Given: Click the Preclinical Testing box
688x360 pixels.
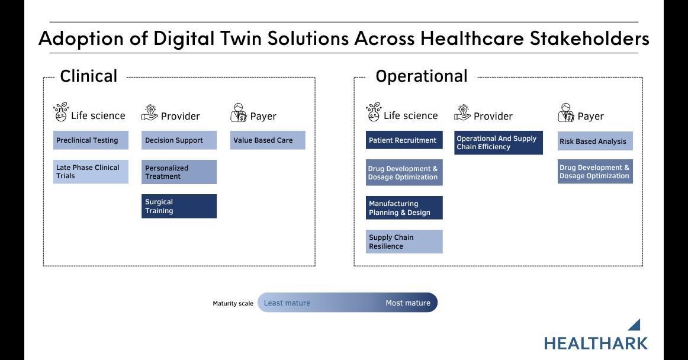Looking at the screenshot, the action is tap(91, 140).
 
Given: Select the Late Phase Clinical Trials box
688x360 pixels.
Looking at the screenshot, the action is tap(91, 172).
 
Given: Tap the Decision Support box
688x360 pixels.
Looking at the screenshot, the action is tap(179, 140).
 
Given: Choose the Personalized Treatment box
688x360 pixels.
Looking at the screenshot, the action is tap(179, 172).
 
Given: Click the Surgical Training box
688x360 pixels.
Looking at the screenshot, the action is tap(179, 206).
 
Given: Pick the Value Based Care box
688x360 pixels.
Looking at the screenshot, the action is tap(268, 140).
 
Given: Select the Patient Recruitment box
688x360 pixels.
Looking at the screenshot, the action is tap(404, 140).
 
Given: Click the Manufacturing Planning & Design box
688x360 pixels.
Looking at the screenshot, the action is tap(404, 208).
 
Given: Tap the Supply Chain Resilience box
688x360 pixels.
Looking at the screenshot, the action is tap(404, 242).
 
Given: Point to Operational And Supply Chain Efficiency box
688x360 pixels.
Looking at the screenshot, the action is tap(499, 143).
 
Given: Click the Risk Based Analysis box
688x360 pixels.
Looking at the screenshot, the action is tap(595, 141).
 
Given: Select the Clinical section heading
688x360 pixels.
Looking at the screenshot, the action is tap(89, 76).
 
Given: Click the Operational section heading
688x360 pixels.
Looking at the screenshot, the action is tap(421, 76).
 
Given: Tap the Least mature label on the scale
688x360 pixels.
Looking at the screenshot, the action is tap(287, 303).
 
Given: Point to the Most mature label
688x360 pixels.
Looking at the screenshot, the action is tap(408, 303).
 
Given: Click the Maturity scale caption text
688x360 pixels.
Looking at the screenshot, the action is tap(233, 303).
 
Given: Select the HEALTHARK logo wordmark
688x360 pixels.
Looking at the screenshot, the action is tap(596, 343).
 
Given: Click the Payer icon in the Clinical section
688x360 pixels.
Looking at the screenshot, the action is tap(239, 113).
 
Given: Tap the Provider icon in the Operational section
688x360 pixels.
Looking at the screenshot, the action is tap(462, 113).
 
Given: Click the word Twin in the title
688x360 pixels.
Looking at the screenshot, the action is tap(241, 38).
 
